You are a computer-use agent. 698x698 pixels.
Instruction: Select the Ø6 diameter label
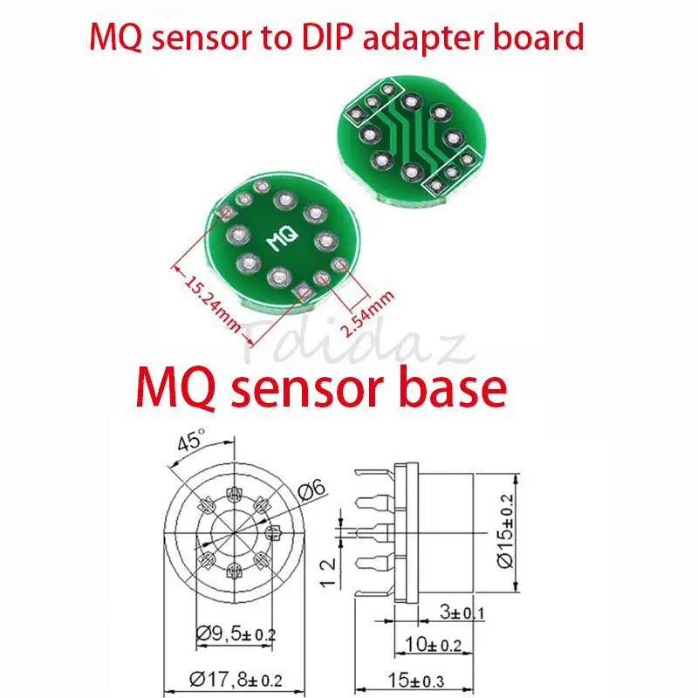pos(309,493)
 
